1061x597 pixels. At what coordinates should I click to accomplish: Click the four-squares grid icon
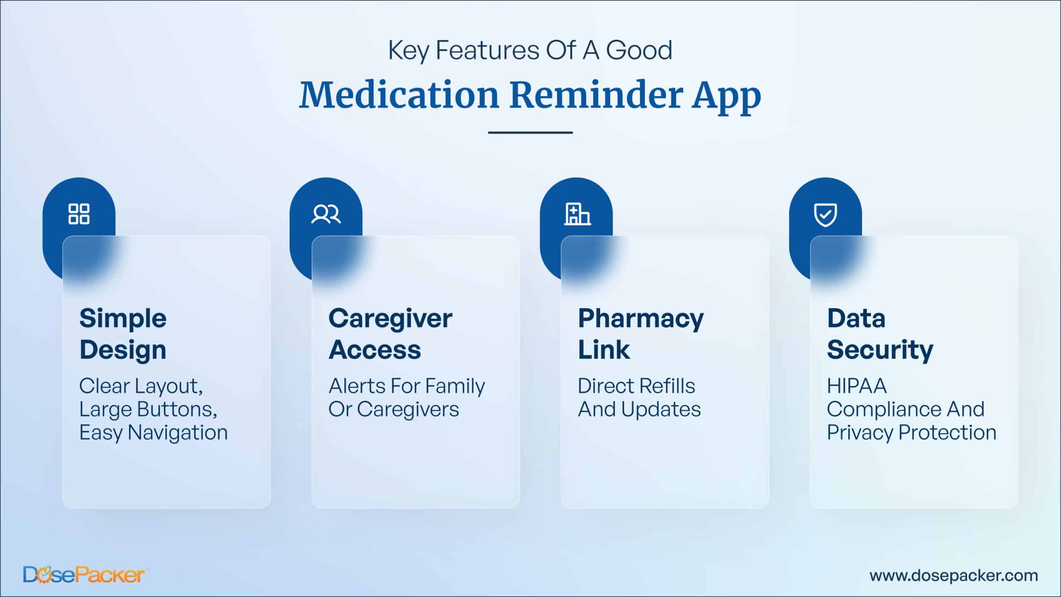(x=79, y=214)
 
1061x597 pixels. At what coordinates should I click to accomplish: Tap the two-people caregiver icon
(x=326, y=214)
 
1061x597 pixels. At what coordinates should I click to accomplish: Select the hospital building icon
(x=577, y=214)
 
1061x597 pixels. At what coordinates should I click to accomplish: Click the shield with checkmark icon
(x=826, y=215)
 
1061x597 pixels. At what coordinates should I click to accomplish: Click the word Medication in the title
(x=399, y=95)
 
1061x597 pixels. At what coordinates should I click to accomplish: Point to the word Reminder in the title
(x=596, y=95)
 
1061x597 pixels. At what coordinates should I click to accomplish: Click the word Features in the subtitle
(x=487, y=51)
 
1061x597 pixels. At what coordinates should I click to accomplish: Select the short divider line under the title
(x=530, y=133)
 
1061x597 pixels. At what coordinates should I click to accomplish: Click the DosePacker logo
(x=84, y=575)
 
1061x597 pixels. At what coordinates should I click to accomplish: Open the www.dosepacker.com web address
(x=954, y=576)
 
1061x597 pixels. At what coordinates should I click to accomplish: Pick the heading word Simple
(x=123, y=319)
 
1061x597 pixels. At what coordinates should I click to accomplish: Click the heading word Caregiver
(x=390, y=319)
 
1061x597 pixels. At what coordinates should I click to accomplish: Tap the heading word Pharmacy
(x=641, y=319)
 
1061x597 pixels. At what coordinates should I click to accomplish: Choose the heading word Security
(x=880, y=350)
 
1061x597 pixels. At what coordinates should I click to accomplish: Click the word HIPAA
(x=857, y=386)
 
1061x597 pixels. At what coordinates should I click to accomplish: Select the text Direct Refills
(x=637, y=386)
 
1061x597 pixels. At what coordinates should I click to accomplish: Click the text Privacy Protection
(x=912, y=433)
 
